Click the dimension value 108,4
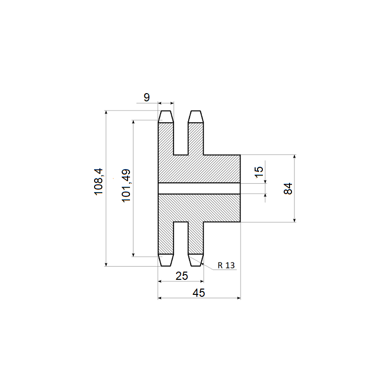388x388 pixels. click(98, 181)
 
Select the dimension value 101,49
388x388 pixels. click(126, 186)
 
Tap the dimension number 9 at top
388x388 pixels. click(147, 97)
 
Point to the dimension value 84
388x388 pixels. click(288, 189)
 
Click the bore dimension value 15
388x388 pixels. click(259, 172)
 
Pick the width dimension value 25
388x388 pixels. click(182, 276)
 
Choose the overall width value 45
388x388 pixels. click(199, 293)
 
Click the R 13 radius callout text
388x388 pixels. click(226, 265)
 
